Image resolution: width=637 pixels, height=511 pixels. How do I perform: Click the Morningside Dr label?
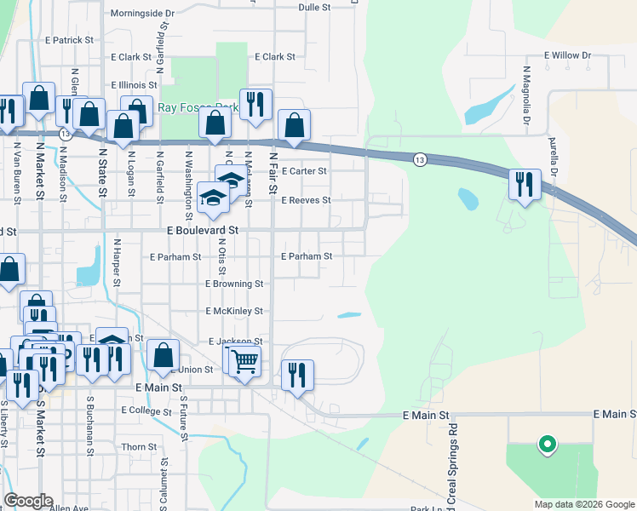[143, 14]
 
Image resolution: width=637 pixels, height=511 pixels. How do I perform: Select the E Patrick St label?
[69, 40]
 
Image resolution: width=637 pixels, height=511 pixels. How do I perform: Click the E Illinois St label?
[135, 85]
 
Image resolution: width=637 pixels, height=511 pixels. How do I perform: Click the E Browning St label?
[234, 284]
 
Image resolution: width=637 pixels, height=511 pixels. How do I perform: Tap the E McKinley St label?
[234, 312]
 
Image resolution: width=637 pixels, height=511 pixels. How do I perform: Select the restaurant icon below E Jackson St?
[297, 374]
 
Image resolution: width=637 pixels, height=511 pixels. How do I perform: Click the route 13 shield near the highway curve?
[419, 159]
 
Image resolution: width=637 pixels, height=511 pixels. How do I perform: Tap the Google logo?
[28, 501]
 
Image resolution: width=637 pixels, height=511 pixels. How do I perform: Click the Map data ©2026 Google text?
[583, 504]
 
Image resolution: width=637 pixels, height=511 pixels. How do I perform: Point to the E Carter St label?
[304, 171]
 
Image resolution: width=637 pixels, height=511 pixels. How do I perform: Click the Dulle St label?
[314, 7]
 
